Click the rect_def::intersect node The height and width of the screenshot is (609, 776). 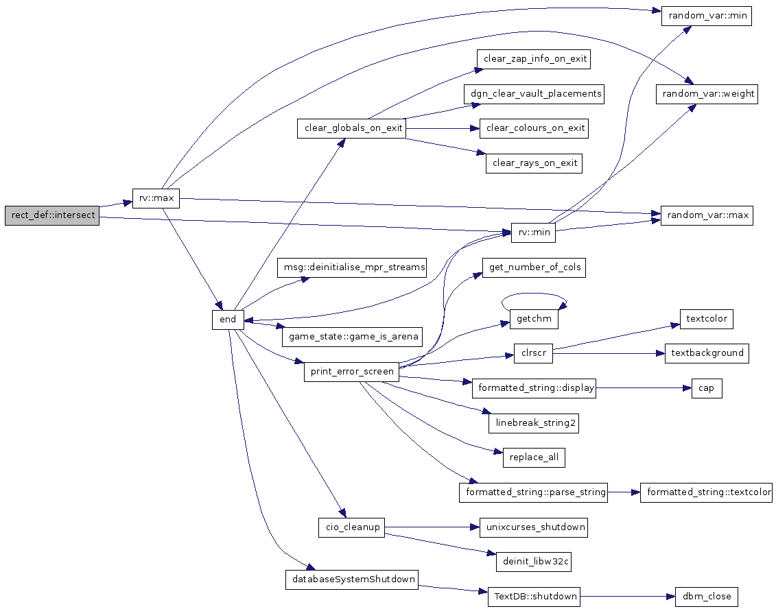(x=52, y=215)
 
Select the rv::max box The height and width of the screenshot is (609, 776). (x=156, y=198)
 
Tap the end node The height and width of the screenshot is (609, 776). (x=228, y=319)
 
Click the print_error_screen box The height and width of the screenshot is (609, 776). (x=351, y=372)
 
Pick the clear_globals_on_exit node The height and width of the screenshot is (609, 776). (x=351, y=128)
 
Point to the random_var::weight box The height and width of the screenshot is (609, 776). (x=707, y=94)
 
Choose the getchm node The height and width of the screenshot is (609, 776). (x=534, y=319)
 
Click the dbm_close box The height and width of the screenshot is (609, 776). (x=706, y=597)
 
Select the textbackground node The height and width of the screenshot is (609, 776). (x=707, y=353)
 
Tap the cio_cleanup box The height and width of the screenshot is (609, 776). (x=352, y=527)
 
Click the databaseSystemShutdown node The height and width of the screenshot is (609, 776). (x=352, y=580)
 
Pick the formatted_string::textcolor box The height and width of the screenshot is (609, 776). (x=706, y=492)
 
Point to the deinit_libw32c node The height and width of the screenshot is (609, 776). (x=534, y=562)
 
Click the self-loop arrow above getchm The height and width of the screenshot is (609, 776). (x=534, y=294)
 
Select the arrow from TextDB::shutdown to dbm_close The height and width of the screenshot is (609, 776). (x=628, y=597)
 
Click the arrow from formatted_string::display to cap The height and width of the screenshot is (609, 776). (x=644, y=388)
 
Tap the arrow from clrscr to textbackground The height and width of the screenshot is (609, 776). (x=609, y=353)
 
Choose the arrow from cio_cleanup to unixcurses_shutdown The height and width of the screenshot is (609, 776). (x=432, y=527)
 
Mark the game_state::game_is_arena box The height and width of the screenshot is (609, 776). (x=353, y=337)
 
